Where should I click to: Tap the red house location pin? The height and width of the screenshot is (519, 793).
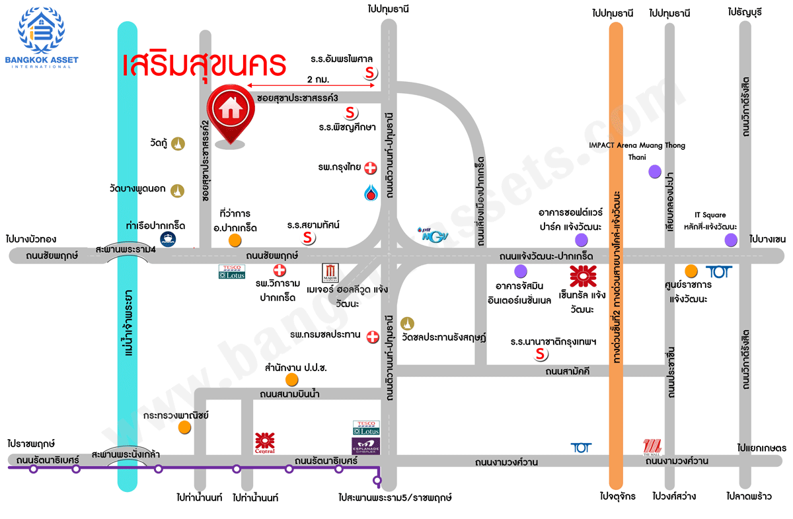(x=230, y=112)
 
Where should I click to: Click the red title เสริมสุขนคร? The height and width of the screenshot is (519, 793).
(x=204, y=65)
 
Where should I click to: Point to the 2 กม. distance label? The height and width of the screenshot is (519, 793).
(x=319, y=79)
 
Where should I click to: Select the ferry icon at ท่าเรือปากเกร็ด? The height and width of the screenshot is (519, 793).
(x=167, y=239)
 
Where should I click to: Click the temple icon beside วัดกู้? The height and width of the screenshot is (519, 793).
(x=178, y=143)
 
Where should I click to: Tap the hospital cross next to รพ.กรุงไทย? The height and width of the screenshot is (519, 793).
(x=371, y=168)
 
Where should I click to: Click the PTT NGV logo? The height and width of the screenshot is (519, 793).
(x=431, y=233)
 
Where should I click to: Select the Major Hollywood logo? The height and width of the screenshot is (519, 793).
(x=330, y=273)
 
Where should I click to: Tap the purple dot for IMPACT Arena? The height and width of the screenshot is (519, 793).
(x=654, y=172)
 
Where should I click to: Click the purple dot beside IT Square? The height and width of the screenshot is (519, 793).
(x=730, y=240)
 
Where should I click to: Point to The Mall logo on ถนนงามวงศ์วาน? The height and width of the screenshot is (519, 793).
(x=652, y=447)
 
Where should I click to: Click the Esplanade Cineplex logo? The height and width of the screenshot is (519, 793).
(x=366, y=445)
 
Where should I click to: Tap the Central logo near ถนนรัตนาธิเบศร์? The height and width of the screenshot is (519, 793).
(x=264, y=443)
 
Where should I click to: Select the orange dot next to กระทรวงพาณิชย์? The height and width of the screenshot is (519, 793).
(x=184, y=427)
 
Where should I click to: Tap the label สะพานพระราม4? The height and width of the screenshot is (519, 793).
(x=126, y=250)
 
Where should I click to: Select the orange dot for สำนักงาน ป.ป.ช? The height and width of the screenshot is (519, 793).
(x=291, y=380)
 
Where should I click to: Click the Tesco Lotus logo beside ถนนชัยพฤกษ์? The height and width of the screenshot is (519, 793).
(x=232, y=271)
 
